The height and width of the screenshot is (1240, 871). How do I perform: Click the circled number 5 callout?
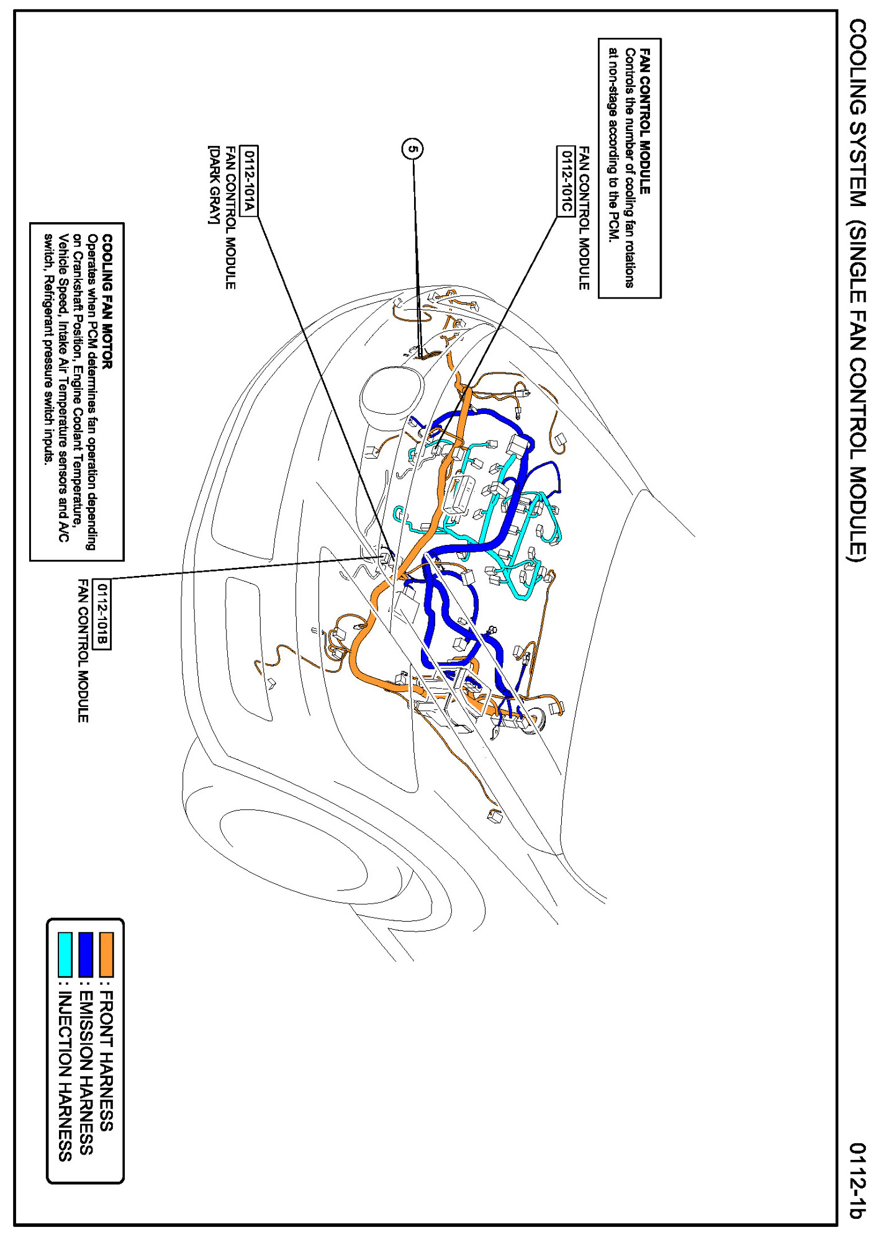click(413, 149)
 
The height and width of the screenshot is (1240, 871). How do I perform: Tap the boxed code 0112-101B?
click(101, 614)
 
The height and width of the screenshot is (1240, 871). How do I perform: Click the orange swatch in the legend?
click(107, 955)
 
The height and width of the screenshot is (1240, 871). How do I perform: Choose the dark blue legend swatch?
click(86, 955)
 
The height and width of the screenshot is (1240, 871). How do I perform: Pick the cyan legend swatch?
click(65, 955)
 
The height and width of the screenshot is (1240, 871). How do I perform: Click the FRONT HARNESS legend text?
click(107, 1062)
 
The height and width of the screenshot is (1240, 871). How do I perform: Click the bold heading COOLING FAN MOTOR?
click(107, 302)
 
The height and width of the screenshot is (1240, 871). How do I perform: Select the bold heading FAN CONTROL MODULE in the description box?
click(645, 121)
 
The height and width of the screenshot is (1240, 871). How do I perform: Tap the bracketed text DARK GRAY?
click(214, 185)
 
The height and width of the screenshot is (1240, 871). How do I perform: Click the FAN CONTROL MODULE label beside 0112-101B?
click(83, 650)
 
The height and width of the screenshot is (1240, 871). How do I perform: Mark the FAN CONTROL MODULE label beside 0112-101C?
click(584, 218)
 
